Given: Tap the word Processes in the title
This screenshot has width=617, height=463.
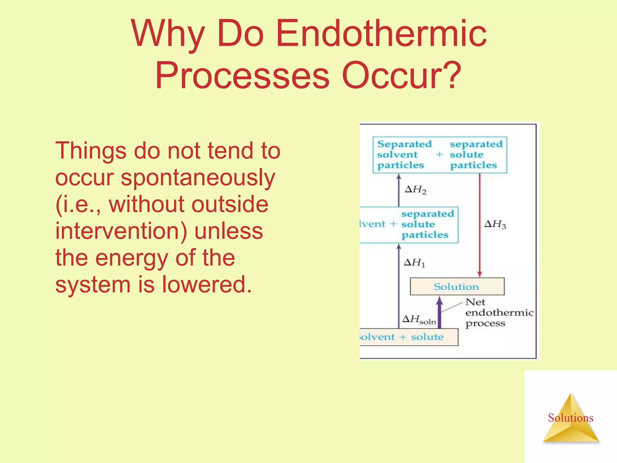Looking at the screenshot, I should [243, 75].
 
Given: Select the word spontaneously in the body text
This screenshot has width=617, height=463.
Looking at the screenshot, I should [198, 178].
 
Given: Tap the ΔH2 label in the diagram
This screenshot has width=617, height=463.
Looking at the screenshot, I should [415, 190].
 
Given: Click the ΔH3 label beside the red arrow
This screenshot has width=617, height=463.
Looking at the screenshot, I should [495, 224].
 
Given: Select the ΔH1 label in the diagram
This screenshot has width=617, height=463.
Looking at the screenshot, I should [414, 263].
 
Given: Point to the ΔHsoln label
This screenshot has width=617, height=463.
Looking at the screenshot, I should [419, 320].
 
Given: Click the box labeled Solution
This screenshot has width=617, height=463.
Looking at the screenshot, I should [457, 286].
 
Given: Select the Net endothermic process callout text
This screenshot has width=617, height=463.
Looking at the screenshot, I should [499, 313].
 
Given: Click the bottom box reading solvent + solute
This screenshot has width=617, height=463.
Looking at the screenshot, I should [408, 337].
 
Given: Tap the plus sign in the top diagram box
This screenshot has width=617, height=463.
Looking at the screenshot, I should [439, 155].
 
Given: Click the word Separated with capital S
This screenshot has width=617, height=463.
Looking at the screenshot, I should [404, 144].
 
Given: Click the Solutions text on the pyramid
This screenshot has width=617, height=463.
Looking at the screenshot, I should [570, 418].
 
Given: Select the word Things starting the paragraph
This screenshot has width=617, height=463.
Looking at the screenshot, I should [90, 151].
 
